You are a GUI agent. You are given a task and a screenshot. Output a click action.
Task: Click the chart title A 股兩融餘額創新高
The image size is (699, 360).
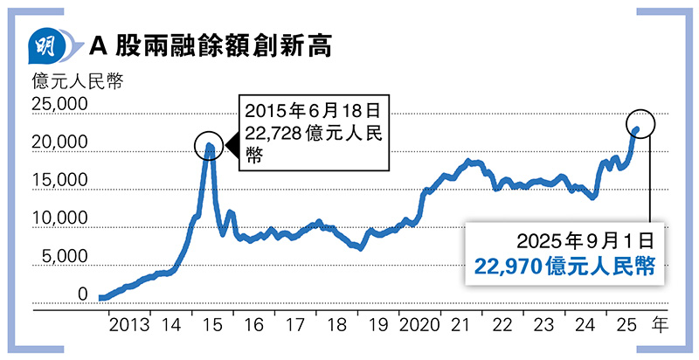pyautogui.click(x=211, y=46)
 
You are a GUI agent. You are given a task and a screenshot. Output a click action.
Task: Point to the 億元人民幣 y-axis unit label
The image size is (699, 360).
pyautogui.click(x=78, y=81)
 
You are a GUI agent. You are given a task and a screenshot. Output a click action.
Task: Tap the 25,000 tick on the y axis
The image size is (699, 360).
pyautogui.click(x=59, y=104)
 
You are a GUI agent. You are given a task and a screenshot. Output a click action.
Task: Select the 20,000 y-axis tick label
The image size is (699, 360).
pyautogui.click(x=59, y=142)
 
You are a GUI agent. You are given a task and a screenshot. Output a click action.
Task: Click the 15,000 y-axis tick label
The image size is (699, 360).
pyautogui.click(x=59, y=181)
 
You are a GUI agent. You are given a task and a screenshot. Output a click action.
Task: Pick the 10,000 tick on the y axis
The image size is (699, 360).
pyautogui.click(x=59, y=218)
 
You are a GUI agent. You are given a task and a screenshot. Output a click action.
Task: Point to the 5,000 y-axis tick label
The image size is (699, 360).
pyautogui.click(x=64, y=256)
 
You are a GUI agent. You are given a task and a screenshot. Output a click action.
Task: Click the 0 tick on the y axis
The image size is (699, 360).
pyautogui.click(x=82, y=294)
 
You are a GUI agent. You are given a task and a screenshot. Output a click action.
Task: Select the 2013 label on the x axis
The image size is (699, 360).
pyautogui.click(x=129, y=325)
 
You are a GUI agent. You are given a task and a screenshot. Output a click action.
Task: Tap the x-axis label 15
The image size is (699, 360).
pyautogui.click(x=212, y=325)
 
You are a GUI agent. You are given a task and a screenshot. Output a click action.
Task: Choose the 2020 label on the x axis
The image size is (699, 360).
pyautogui.click(x=419, y=325)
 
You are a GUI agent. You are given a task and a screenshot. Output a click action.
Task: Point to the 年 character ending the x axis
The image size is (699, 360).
pyautogui.click(x=661, y=325)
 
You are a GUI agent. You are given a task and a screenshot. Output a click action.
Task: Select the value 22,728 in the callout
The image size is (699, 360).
pyautogui.click(x=273, y=134)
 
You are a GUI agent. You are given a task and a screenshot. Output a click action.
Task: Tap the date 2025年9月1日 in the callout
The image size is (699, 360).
pyautogui.click(x=585, y=241)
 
